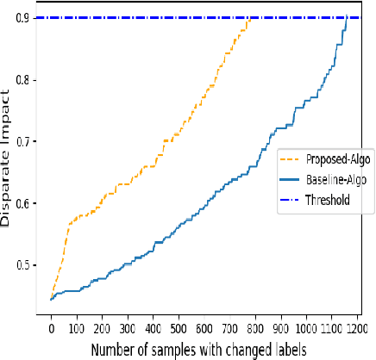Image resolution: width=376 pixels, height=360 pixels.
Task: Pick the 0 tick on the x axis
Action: (51, 328)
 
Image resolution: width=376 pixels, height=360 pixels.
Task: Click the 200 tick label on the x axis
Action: (102, 328)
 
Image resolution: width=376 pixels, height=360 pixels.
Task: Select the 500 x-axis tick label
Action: (179, 328)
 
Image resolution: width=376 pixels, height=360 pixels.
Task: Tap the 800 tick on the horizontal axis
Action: (255, 328)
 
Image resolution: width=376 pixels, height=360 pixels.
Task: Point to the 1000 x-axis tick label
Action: (306, 328)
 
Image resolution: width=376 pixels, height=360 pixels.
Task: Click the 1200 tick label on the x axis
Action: (357, 328)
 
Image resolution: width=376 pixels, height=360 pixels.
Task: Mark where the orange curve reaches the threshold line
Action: (250, 18)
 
